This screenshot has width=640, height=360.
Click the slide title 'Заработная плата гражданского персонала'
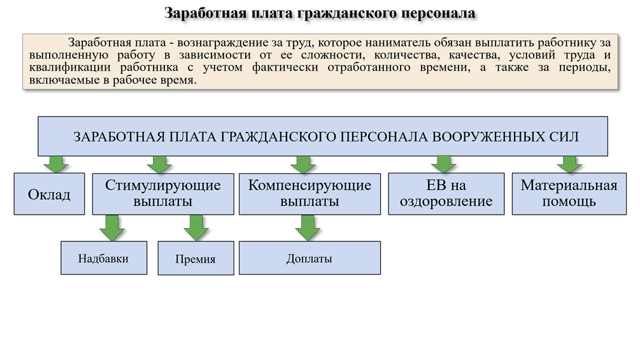pos(320,13)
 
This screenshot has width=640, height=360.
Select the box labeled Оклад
pos(49,194)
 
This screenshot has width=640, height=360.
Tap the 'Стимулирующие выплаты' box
pos(163,194)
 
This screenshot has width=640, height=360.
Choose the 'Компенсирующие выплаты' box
pos(309,194)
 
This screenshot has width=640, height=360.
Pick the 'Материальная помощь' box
pos(569,194)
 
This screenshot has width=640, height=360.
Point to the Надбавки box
pos(103,258)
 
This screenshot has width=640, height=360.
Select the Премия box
pos(196,259)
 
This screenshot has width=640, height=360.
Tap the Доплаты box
pos(309,258)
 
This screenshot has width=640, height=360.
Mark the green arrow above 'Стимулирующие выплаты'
pos(159,164)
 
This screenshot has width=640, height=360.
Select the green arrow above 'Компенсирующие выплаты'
pos(304,164)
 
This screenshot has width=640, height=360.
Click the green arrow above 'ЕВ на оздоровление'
pos(444,164)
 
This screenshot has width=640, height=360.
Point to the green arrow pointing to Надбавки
pos(112,227)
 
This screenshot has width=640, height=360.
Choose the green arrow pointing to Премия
pos(196,227)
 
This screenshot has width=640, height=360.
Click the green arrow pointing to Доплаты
pos(308,227)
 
